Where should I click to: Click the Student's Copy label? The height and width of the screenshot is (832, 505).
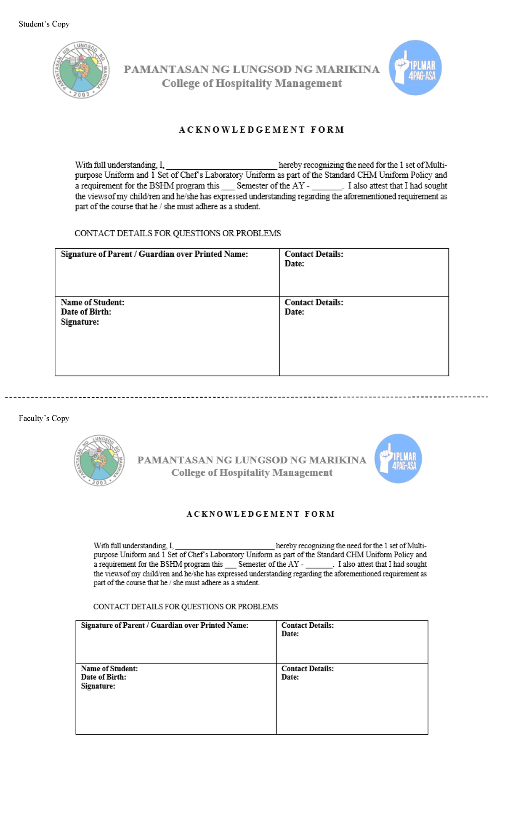click(44, 24)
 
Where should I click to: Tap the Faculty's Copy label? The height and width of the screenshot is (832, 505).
click(44, 418)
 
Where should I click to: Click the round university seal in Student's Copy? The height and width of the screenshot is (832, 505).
click(81, 70)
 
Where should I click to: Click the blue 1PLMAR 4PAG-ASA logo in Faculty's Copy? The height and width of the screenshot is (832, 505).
click(398, 459)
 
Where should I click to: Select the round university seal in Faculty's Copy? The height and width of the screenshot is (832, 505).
click(99, 460)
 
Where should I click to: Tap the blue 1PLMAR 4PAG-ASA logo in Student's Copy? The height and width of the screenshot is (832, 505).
click(415, 68)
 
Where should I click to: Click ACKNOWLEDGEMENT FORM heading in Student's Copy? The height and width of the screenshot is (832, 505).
click(261, 130)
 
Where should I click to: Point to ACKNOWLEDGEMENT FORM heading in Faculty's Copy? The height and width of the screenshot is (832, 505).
click(260, 514)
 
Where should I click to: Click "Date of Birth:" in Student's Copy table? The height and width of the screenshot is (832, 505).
click(86, 312)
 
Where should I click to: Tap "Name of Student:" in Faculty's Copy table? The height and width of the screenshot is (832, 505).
click(109, 669)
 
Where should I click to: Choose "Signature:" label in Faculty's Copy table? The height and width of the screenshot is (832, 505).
click(98, 686)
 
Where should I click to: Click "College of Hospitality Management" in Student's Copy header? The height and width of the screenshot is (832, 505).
click(252, 83)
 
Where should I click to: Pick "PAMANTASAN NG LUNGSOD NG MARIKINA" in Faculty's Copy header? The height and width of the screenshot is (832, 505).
click(252, 460)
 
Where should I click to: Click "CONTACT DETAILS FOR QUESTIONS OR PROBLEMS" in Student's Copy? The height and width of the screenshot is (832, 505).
click(178, 233)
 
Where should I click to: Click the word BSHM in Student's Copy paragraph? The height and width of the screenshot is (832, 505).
click(161, 186)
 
